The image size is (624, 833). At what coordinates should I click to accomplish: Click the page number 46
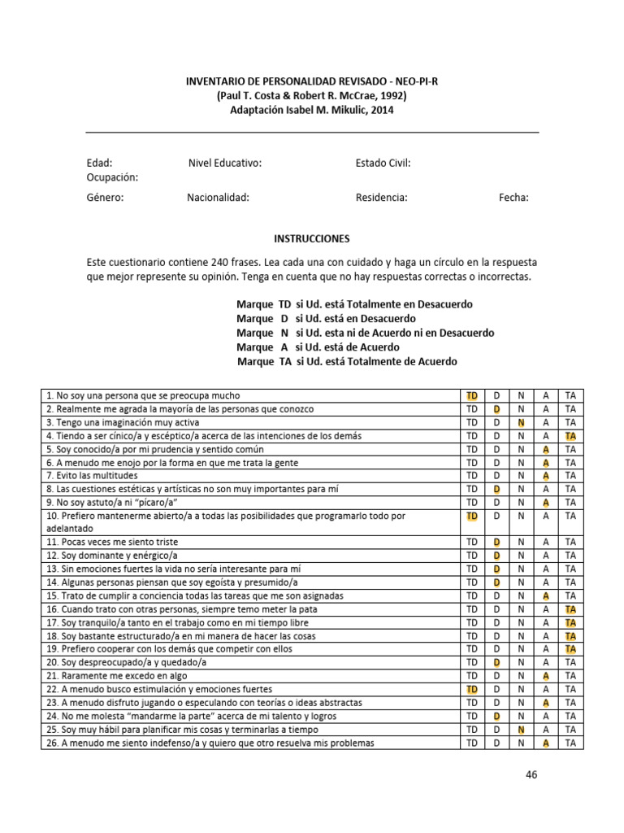point(531,774)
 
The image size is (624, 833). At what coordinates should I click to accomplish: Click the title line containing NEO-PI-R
point(312,82)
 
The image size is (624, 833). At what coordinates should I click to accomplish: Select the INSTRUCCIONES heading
point(312,239)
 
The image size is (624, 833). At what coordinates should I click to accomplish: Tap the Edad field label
point(100,164)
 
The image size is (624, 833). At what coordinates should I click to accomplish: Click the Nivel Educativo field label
point(225,164)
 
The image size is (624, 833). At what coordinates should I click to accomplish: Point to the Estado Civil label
point(383,164)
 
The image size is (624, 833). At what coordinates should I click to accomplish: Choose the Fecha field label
point(513,197)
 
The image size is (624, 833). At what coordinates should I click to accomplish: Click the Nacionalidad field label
point(218,197)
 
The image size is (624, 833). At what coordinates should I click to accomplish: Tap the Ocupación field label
point(113,177)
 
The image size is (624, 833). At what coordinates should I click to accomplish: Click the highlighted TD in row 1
point(472,396)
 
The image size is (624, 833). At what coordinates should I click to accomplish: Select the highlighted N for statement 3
point(522,423)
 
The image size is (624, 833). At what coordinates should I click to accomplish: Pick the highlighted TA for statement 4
point(570,436)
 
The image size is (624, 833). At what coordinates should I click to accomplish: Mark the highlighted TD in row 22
point(472,689)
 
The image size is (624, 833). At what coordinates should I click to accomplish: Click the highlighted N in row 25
point(522,730)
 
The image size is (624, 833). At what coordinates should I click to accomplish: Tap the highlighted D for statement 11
point(496,542)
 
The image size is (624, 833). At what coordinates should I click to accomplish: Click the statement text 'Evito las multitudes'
point(92,476)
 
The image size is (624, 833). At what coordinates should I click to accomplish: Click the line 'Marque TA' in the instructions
point(347,361)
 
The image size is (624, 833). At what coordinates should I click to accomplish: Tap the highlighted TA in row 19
point(570,649)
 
